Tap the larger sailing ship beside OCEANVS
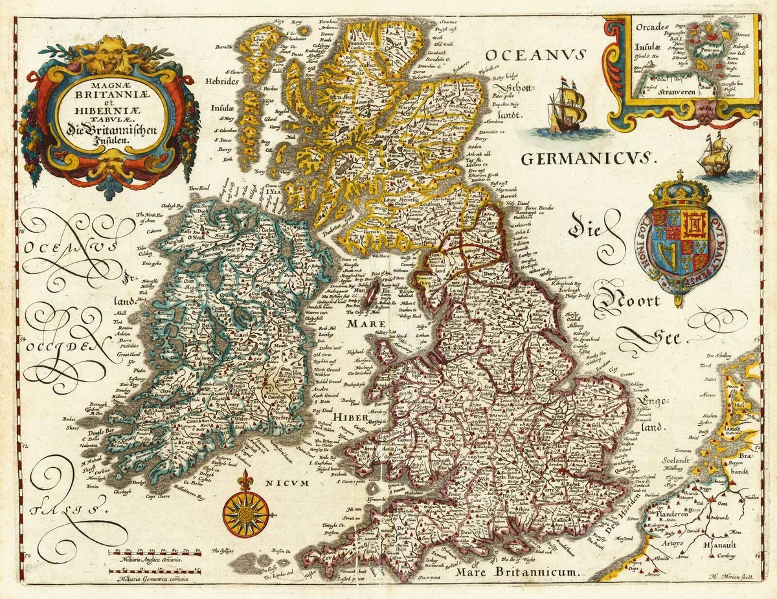tap(567, 105)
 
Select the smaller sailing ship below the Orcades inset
tap(715, 157)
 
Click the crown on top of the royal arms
tap(680, 190)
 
